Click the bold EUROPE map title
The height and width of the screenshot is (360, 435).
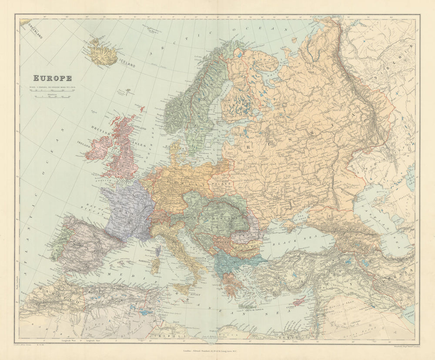pyautogui.click(x=53, y=78)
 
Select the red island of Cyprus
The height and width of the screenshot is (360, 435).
pyautogui.click(x=299, y=302)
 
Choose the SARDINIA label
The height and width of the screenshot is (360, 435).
pyautogui.click(x=146, y=261)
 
